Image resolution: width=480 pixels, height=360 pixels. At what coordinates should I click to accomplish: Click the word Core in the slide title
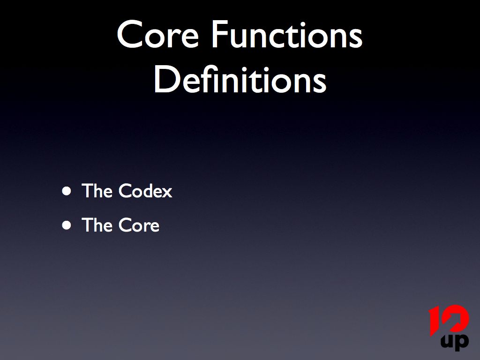click(158, 34)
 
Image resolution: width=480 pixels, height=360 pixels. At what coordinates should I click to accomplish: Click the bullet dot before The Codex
click(67, 191)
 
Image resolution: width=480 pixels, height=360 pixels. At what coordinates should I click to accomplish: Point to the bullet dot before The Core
click(67, 225)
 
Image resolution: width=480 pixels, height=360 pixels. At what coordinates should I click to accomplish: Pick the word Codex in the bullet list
click(145, 191)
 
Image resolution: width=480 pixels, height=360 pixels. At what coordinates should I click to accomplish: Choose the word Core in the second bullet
click(139, 225)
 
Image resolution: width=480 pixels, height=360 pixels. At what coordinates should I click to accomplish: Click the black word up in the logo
click(455, 341)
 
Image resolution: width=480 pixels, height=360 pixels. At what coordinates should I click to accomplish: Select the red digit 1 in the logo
click(435, 322)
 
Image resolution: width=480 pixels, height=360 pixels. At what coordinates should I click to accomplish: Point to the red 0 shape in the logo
click(456, 319)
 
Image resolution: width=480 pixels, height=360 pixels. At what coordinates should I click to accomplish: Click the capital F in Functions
click(219, 34)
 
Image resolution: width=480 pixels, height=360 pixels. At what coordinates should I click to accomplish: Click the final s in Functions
click(356, 38)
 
